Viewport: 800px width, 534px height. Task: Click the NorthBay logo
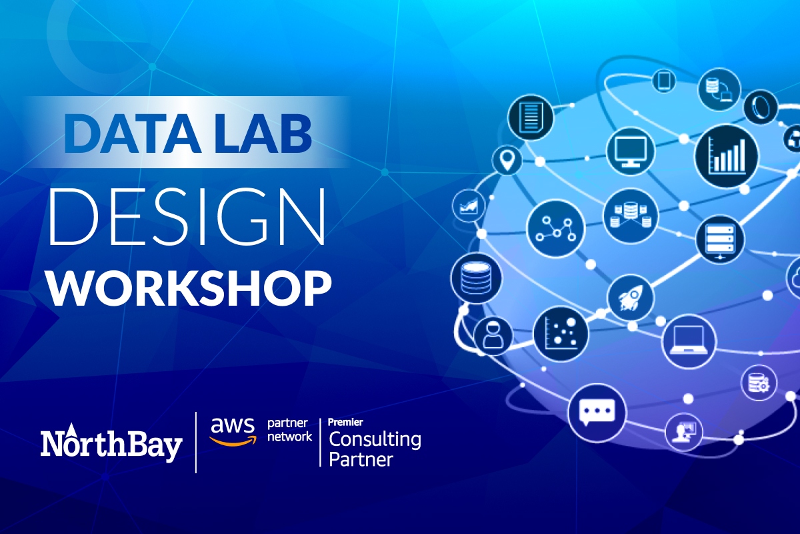(111, 444)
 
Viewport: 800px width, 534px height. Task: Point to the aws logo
(232, 431)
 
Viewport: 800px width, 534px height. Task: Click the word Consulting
(375, 440)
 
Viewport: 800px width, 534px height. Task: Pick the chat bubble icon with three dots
(597, 410)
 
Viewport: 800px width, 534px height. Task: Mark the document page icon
(530, 115)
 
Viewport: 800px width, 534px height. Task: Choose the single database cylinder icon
(473, 277)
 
